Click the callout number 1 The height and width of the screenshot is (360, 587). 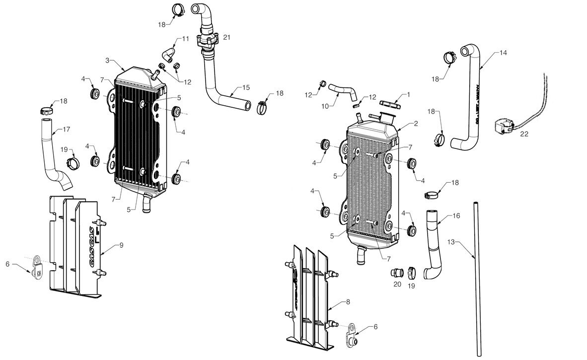tap(408, 93)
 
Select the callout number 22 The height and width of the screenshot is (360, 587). tap(524, 134)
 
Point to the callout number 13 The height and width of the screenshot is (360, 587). tap(451, 242)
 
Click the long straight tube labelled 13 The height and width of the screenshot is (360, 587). tap(477, 278)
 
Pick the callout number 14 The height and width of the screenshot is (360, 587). tap(503, 52)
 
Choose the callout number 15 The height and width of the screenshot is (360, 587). tap(246, 87)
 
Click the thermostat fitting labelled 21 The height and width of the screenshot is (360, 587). tap(207, 40)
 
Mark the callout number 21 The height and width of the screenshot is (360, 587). tap(227, 37)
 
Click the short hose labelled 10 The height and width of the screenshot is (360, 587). tap(343, 90)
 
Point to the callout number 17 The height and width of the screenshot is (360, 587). tap(66, 129)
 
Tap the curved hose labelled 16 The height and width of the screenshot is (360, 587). tap(433, 243)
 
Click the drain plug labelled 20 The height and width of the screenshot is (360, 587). tap(396, 273)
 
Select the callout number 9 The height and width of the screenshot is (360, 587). tap(122, 245)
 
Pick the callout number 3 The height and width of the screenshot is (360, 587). tap(107, 60)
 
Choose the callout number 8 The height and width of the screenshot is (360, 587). tap(348, 301)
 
